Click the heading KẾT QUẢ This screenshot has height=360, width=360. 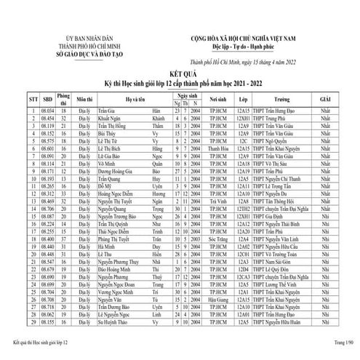coord(180,75)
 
